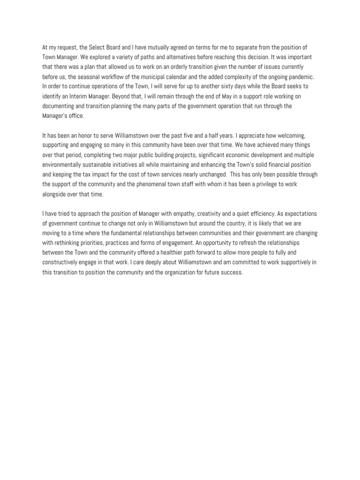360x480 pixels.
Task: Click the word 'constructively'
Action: [x=62, y=262]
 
